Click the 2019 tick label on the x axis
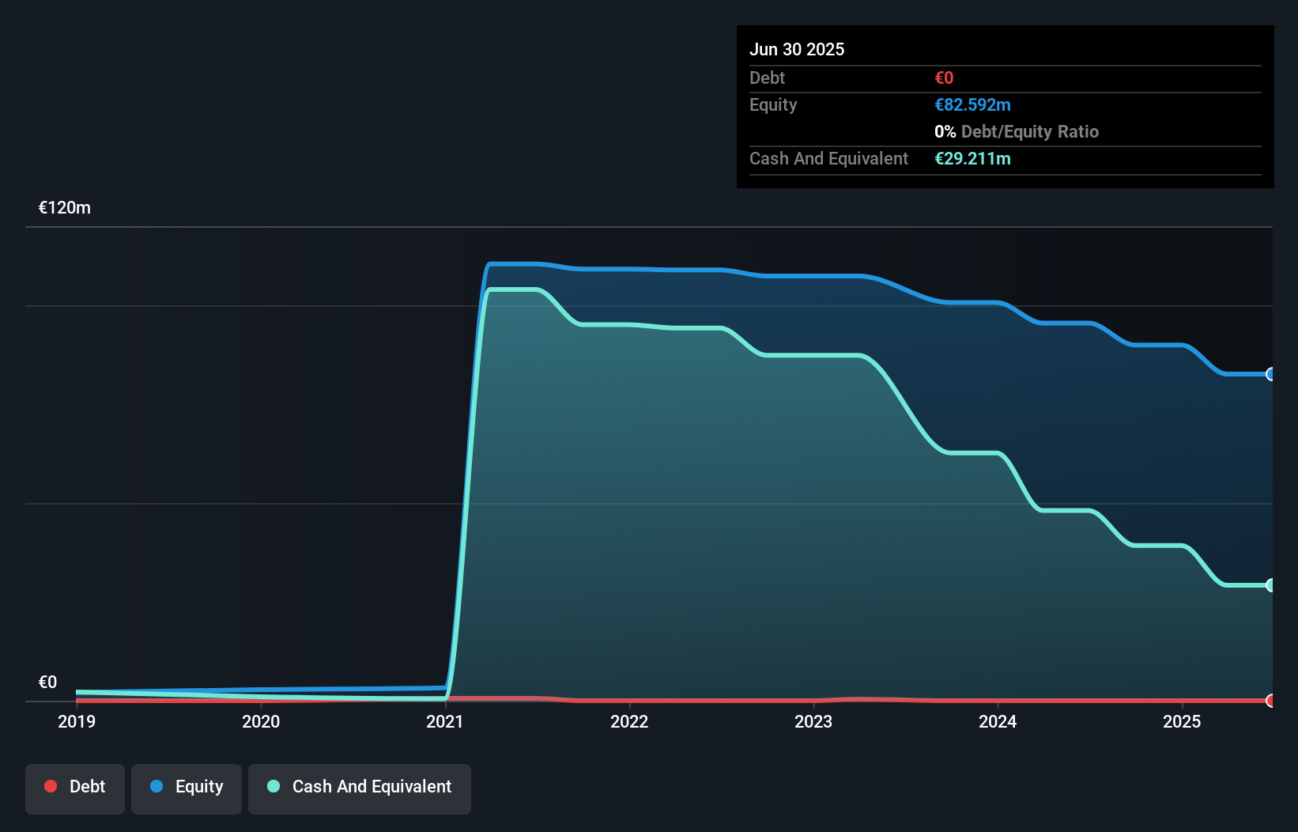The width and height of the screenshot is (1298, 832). click(x=77, y=721)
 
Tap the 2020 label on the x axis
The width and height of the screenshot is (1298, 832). click(x=261, y=721)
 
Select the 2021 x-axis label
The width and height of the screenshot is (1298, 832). click(x=445, y=721)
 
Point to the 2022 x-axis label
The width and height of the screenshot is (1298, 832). click(x=629, y=721)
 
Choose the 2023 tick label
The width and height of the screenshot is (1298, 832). click(x=813, y=721)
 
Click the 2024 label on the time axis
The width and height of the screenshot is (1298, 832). click(x=998, y=721)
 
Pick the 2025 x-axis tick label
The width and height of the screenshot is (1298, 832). click(x=1182, y=721)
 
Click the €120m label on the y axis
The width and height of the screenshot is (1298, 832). click(x=65, y=208)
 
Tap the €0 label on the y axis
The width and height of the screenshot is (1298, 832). click(x=47, y=683)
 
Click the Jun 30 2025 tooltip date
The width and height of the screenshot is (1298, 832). click(x=797, y=49)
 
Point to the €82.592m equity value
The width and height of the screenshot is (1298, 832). click(x=972, y=105)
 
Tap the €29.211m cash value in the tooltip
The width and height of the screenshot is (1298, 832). click(x=972, y=159)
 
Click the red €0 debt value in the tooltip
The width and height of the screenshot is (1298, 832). click(x=944, y=78)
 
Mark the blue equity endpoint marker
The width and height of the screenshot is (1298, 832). click(x=1270, y=374)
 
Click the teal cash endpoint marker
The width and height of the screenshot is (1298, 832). click(x=1270, y=585)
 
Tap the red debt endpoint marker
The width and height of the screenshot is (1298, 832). click(x=1270, y=701)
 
